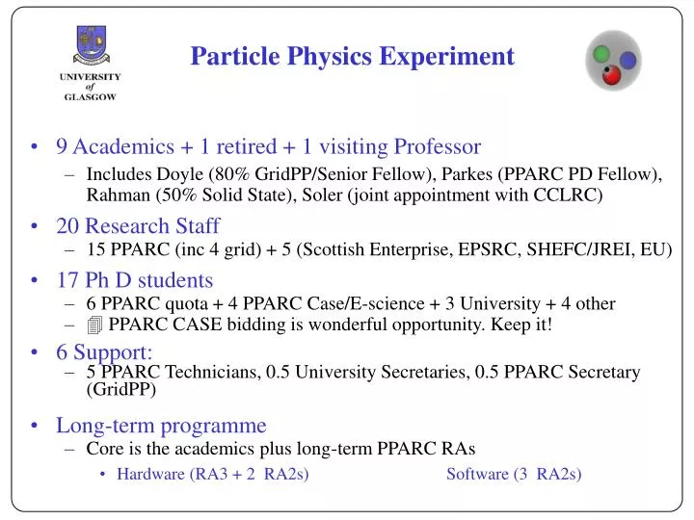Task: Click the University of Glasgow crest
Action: pos(92,43)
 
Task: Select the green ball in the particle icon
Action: pos(602,53)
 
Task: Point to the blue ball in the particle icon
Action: pos(627,60)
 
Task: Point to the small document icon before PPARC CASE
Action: pos(94,325)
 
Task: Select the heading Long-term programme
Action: pos(160,425)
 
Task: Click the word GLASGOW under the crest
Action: pos(92,96)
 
